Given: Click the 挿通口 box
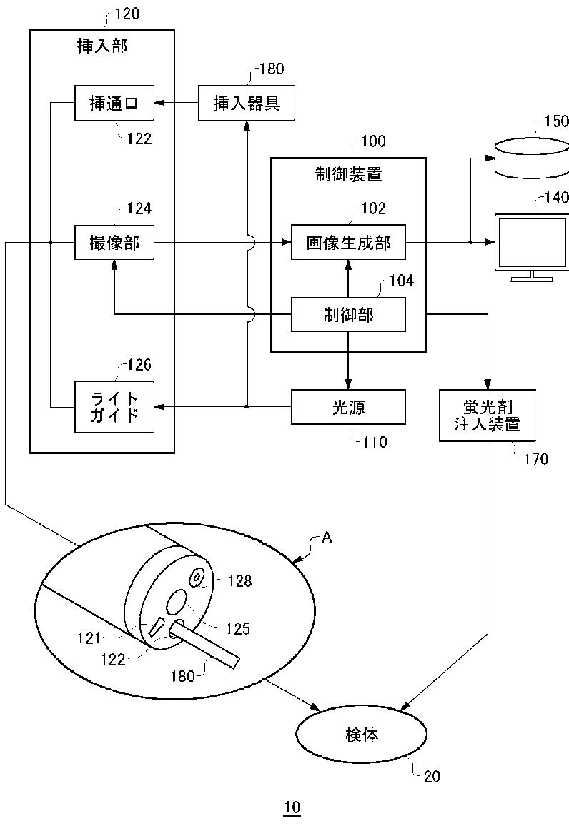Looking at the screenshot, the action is pyautogui.click(x=114, y=104).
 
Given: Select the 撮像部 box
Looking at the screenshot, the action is pyautogui.click(x=114, y=242).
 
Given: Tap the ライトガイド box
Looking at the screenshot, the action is pyautogui.click(x=114, y=407).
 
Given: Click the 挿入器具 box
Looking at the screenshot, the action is pyautogui.click(x=247, y=104).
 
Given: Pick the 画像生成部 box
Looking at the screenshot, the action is pyautogui.click(x=349, y=242).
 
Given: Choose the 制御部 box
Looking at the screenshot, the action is pyautogui.click(x=349, y=315).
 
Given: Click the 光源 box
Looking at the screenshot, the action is pyautogui.click(x=349, y=407).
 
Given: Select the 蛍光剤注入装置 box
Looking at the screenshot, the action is pyautogui.click(x=488, y=415).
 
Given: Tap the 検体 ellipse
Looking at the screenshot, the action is pyautogui.click(x=362, y=735).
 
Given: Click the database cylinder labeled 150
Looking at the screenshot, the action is pyautogui.click(x=532, y=157).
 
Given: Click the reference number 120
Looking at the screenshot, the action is pyautogui.click(x=127, y=13).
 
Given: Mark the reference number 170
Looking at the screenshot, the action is pyautogui.click(x=536, y=459).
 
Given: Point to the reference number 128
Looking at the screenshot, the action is pyautogui.click(x=240, y=581).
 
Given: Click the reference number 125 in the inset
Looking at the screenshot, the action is pyautogui.click(x=238, y=628).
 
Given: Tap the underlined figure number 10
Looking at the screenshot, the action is pyautogui.click(x=292, y=807).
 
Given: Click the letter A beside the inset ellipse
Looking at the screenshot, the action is pyautogui.click(x=327, y=538).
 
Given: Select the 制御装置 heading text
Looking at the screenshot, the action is pyautogui.click(x=349, y=174).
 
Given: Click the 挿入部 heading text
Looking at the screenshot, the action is pyautogui.click(x=102, y=46).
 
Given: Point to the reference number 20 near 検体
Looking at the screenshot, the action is pyautogui.click(x=432, y=777).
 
